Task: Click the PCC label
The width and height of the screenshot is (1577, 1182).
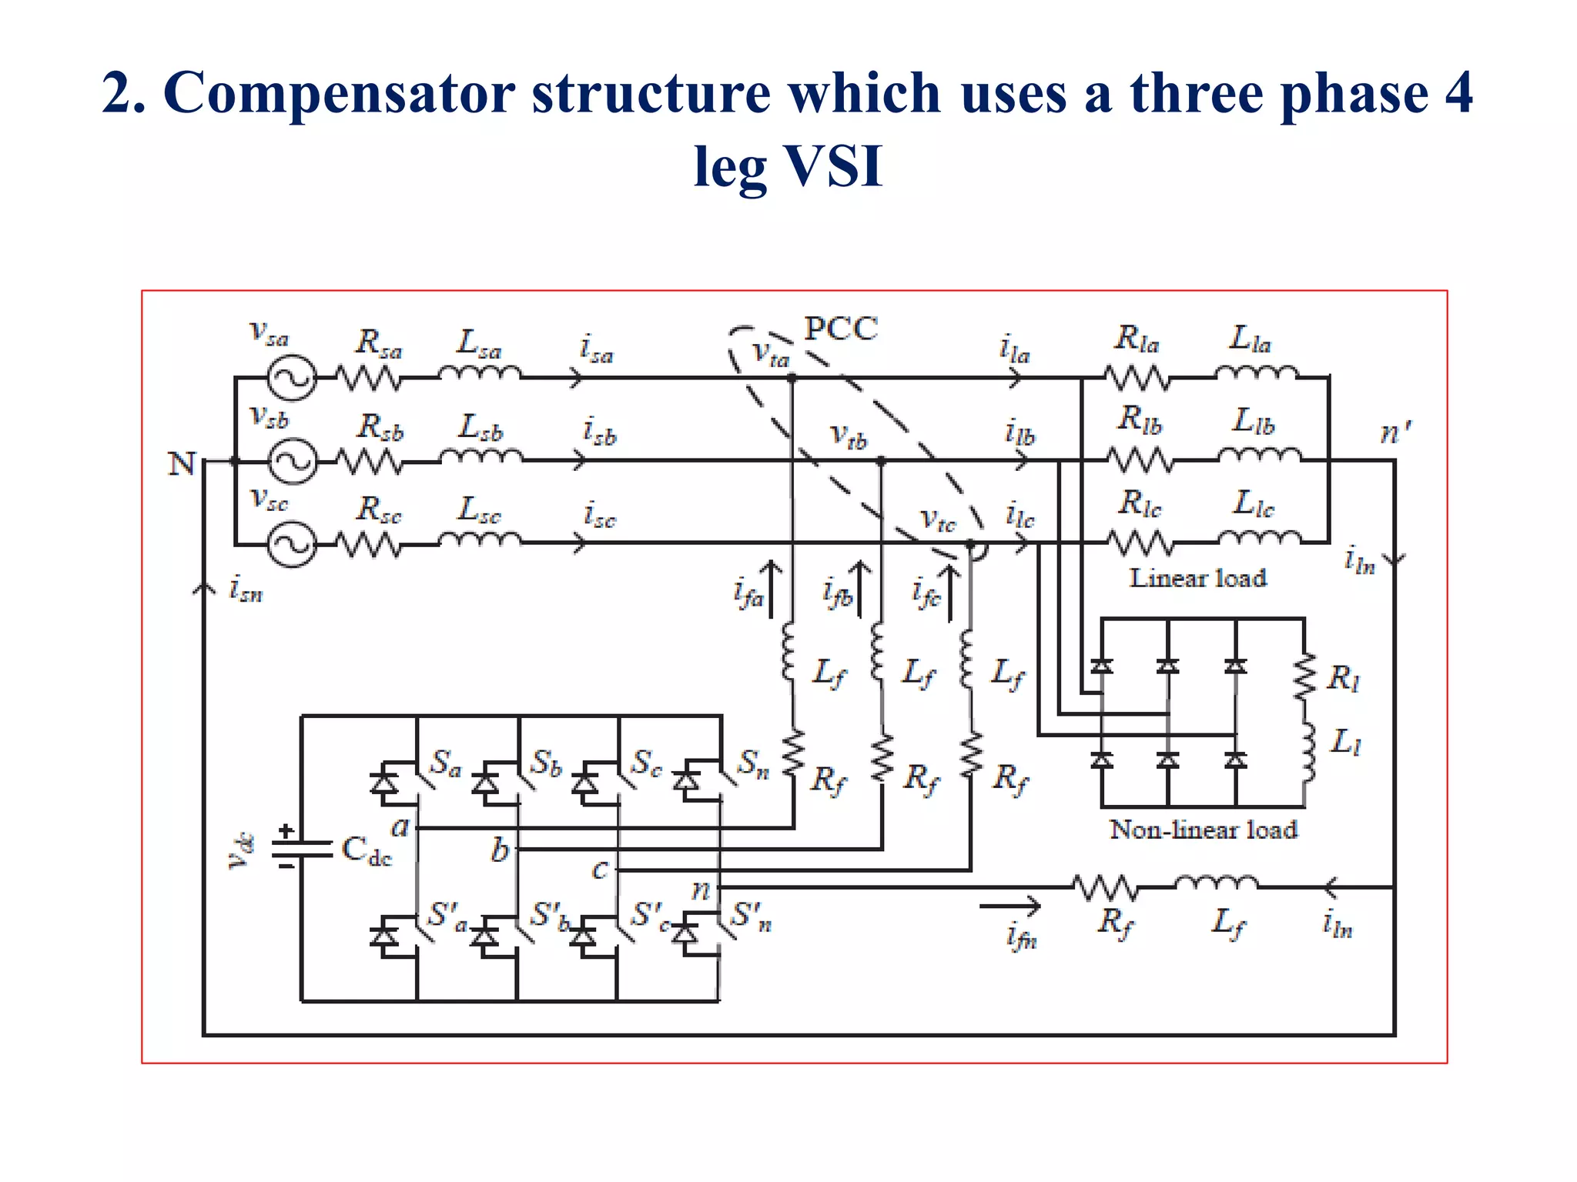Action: tap(841, 329)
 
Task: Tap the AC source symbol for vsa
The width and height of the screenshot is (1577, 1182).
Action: tap(292, 378)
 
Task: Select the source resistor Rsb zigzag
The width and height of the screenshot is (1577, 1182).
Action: tap(370, 461)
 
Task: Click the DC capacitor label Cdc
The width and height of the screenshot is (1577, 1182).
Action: tap(367, 851)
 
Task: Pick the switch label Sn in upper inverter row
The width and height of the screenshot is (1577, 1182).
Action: tap(753, 764)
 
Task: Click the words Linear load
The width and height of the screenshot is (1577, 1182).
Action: tap(1197, 578)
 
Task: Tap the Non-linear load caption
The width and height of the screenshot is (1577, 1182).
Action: tap(1203, 830)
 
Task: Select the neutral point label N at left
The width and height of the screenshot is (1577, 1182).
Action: tap(182, 464)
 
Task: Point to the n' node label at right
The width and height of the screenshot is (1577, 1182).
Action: tap(1394, 432)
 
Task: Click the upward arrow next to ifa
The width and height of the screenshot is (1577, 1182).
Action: tap(771, 589)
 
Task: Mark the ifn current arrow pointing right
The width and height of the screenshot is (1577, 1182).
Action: tap(1009, 907)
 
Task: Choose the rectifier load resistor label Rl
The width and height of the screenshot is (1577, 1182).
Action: tap(1344, 678)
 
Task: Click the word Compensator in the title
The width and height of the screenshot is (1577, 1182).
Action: tap(339, 93)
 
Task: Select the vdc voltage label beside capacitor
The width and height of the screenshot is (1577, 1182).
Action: tap(240, 851)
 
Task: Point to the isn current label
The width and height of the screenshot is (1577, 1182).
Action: tap(246, 590)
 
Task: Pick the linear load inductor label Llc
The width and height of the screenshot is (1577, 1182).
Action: tap(1254, 503)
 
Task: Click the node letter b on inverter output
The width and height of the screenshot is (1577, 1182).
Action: tap(501, 850)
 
